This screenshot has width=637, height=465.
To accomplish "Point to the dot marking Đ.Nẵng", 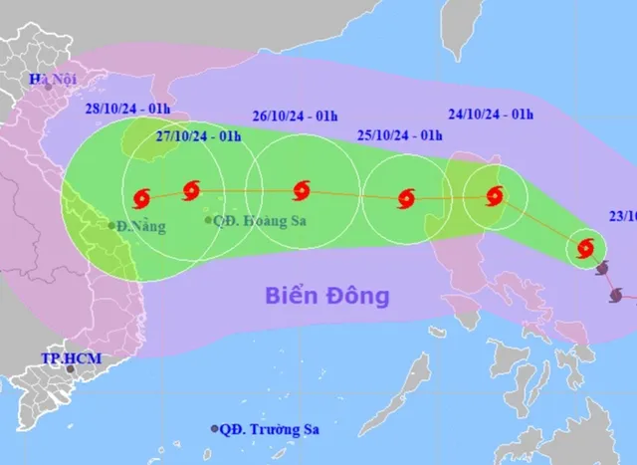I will click(x=111, y=226).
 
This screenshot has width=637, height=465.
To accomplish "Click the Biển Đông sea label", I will click(x=326, y=296).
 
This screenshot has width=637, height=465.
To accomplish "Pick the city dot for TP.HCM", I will click(x=70, y=369).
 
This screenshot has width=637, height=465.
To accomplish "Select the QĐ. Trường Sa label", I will click(x=274, y=429).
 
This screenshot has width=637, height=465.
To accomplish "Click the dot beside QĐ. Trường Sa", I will click(x=214, y=429).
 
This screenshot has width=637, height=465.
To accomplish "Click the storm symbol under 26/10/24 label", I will click(x=302, y=190).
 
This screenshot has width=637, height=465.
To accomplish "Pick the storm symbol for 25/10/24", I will click(x=405, y=199).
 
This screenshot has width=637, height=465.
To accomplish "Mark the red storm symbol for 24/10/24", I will click(x=493, y=196).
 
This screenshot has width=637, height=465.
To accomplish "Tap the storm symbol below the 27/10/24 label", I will click(x=191, y=189).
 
